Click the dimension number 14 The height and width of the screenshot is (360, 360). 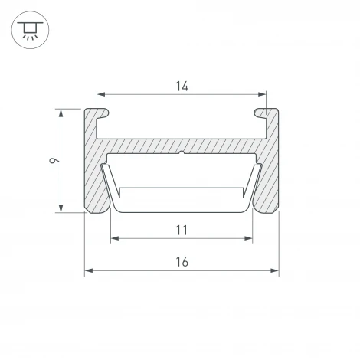[x=182, y=87]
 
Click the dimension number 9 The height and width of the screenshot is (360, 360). [x=54, y=160]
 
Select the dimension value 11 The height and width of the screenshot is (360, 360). [x=182, y=230]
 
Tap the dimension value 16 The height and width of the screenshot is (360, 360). [x=182, y=262]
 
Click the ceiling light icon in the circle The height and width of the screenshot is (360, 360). [x=30, y=31]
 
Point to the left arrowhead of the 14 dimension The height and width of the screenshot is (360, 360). [x=101, y=94]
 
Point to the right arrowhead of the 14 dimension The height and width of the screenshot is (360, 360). [x=262, y=94]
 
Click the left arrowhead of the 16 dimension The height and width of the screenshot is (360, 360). [x=89, y=270]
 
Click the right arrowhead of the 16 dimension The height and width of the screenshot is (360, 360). [x=275, y=270]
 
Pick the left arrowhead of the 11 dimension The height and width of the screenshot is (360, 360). [x=115, y=238]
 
